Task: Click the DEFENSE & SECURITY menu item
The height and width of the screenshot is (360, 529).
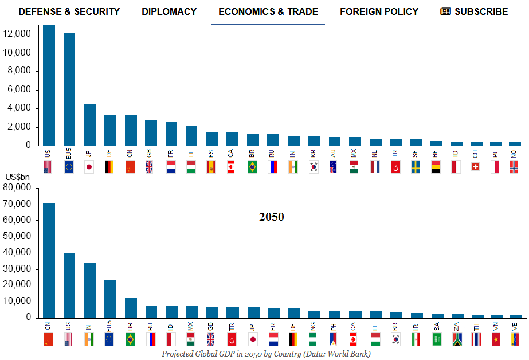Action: pyautogui.click(x=69, y=11)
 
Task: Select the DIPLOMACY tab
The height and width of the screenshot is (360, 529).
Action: pyautogui.click(x=169, y=11)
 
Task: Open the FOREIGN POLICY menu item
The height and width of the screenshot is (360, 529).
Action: pyautogui.click(x=379, y=11)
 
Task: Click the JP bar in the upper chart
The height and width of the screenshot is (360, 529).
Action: pyautogui.click(x=89, y=125)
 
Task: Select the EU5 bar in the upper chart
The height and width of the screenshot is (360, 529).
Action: pyautogui.click(x=69, y=89)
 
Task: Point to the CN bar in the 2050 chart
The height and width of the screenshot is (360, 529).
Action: pyautogui.click(x=49, y=260)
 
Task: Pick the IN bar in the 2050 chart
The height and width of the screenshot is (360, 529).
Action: pyautogui.click(x=89, y=290)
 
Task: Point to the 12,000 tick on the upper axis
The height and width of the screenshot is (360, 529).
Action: pyautogui.click(x=20, y=34)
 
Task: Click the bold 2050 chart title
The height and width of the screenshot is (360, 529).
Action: pyautogui.click(x=271, y=217)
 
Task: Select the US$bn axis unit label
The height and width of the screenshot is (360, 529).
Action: pyautogui.click(x=18, y=178)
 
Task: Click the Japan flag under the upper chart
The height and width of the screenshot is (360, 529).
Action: pyautogui.click(x=89, y=167)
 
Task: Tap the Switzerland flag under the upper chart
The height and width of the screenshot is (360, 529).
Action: pyautogui.click(x=475, y=167)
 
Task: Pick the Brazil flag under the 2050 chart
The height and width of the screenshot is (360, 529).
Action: pyautogui.click(x=130, y=339)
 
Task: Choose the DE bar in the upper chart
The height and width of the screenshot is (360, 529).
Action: pyautogui.click(x=110, y=130)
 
